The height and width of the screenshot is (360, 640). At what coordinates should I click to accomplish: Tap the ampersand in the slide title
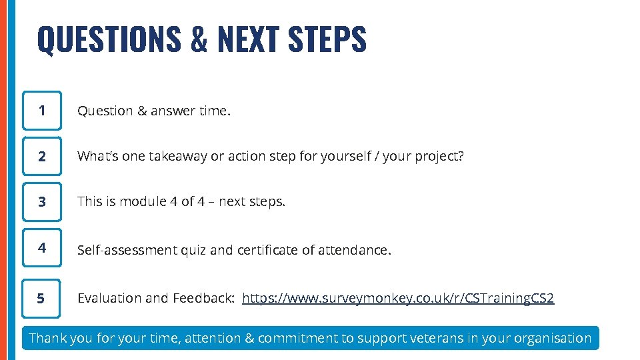199,39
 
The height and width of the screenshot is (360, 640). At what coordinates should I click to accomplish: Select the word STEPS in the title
327,39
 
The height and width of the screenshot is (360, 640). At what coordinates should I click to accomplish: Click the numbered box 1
42,111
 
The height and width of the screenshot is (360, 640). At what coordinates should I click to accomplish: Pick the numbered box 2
42,157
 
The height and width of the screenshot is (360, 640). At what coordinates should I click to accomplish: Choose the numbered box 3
42,202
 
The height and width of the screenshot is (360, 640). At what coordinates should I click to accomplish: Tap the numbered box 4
42,249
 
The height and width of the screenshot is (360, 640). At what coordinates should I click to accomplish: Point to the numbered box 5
42,298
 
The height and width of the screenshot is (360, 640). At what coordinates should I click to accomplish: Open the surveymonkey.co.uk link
398,298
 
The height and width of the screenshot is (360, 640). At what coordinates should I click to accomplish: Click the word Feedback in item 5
202,298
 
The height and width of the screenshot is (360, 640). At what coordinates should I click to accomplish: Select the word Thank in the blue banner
47,338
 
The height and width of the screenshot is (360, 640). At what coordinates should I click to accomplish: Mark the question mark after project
461,157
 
